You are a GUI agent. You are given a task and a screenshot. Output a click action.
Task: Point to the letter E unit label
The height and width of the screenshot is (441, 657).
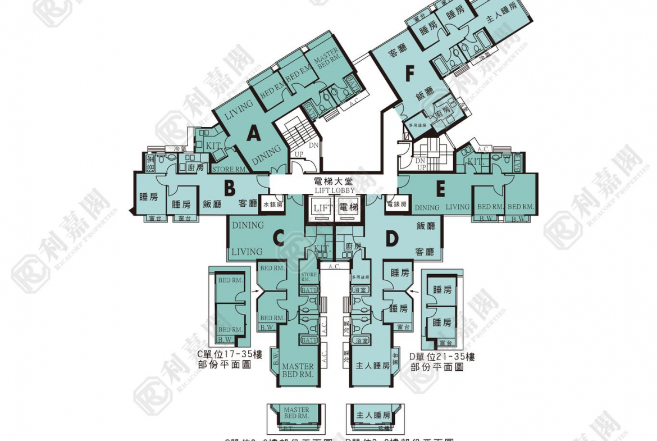point(441,189)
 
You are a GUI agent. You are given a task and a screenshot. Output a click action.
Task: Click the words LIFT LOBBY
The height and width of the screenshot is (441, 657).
point(334,190)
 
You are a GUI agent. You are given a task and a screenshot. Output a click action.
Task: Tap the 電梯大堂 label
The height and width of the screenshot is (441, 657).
point(334,182)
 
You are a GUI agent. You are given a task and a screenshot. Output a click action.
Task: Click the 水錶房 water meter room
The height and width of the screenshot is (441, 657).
point(273,205)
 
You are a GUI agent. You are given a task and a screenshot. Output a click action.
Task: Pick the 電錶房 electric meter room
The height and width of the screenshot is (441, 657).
point(396,205)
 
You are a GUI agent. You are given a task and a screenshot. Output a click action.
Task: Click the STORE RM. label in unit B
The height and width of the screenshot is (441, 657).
point(229,169)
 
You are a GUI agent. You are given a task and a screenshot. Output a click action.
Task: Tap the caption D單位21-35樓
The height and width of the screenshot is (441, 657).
point(442,357)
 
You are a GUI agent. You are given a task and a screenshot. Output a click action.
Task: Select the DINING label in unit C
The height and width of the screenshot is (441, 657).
point(248,225)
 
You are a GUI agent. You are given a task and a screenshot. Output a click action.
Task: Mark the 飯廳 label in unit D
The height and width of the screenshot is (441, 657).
point(426,226)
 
